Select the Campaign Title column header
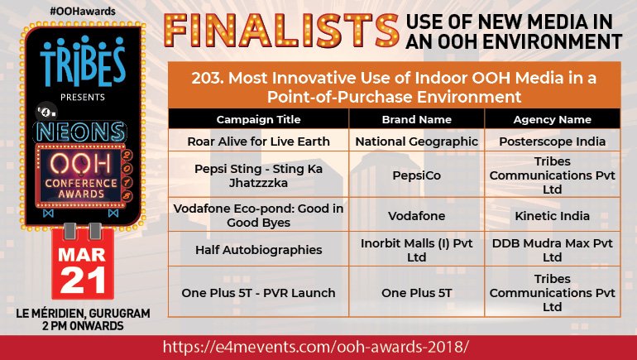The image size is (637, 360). tap(257, 119)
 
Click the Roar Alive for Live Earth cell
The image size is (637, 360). tap(257, 142)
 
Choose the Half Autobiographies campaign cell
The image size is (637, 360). tap(257, 250)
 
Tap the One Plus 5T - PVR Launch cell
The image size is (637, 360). tap(257, 292)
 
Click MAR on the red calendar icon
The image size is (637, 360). tap(81, 252)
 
